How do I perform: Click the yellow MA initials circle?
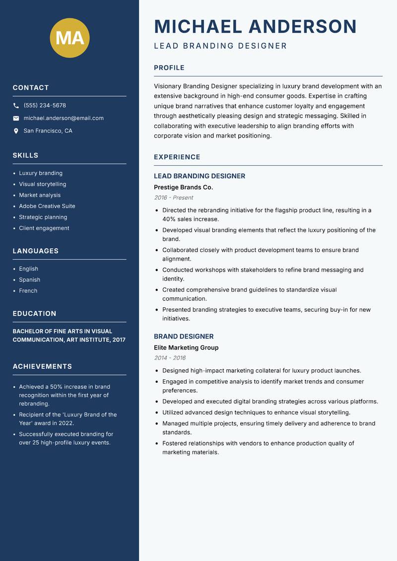point(70,38)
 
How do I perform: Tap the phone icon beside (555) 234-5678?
point(16,106)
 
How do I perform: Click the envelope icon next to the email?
point(16,118)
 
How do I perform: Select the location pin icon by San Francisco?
point(16,131)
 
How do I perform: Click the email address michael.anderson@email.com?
point(64,118)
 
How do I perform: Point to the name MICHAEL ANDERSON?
point(256,26)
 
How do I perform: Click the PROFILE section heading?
point(169,68)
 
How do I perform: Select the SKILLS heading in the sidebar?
point(25,155)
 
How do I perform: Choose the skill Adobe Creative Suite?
point(47,206)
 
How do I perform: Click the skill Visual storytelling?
point(43,184)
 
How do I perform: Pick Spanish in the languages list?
point(30,280)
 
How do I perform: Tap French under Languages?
point(28,290)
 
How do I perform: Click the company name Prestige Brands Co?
point(183,187)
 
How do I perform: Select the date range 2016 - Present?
point(174,198)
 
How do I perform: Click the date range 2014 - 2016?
point(170,358)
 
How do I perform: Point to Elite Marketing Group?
point(186,348)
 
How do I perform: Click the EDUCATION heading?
point(35,314)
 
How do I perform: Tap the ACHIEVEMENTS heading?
point(42,366)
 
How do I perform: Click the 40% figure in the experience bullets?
point(169,219)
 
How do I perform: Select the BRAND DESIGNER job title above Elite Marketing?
point(184,336)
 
